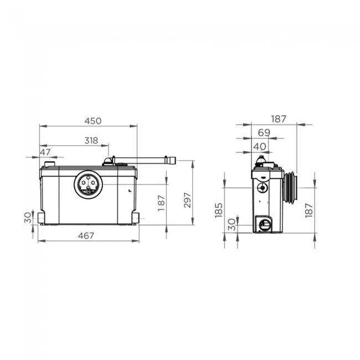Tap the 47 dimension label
45,152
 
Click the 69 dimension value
264,132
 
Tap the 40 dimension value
259,146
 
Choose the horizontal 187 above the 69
279,119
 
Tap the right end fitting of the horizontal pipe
173,161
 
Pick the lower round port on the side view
263,224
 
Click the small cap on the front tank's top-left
49,163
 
